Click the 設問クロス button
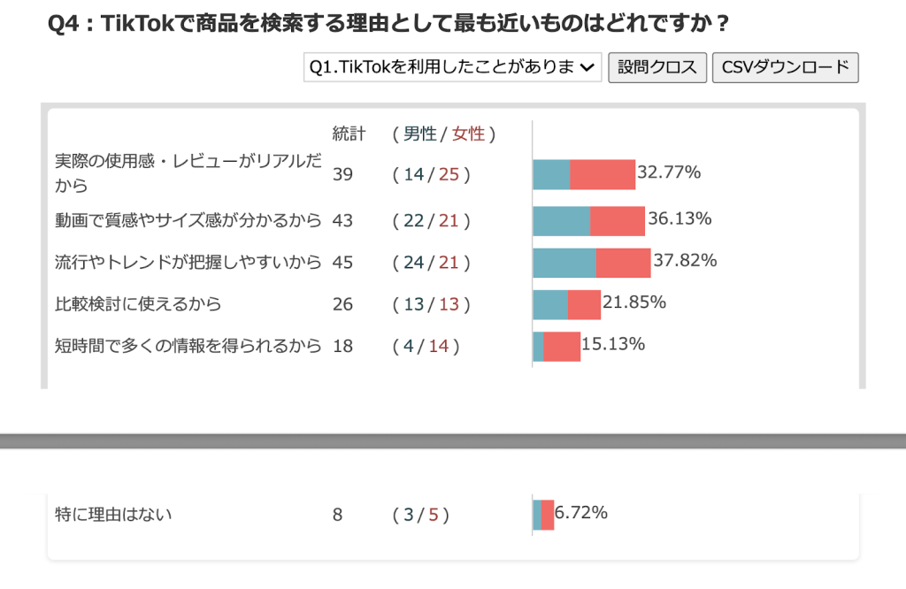click(x=657, y=67)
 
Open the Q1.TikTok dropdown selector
click(x=452, y=67)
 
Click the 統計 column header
click(x=349, y=134)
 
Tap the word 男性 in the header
click(x=420, y=134)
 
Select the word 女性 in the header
click(x=468, y=134)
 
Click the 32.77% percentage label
click(x=669, y=172)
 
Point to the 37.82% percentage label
click(x=685, y=260)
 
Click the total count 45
click(x=342, y=262)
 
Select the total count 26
click(x=342, y=304)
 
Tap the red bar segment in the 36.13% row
click(x=618, y=221)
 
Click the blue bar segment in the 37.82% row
click(x=564, y=263)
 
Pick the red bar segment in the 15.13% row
click(x=562, y=347)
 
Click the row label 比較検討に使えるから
click(x=138, y=304)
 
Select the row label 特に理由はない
click(x=113, y=514)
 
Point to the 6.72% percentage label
click(x=580, y=513)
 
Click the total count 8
click(x=337, y=515)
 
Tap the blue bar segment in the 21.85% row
click(x=549, y=304)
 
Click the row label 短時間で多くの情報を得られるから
click(x=188, y=346)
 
